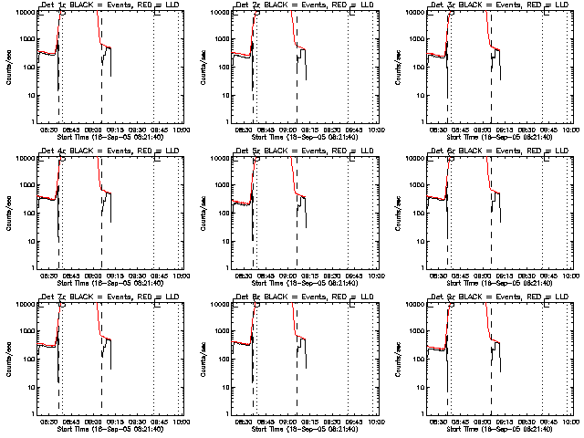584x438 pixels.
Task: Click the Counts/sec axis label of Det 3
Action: point(399,64)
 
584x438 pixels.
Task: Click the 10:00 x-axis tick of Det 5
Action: point(376,275)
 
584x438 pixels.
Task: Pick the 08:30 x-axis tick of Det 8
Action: point(245,421)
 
